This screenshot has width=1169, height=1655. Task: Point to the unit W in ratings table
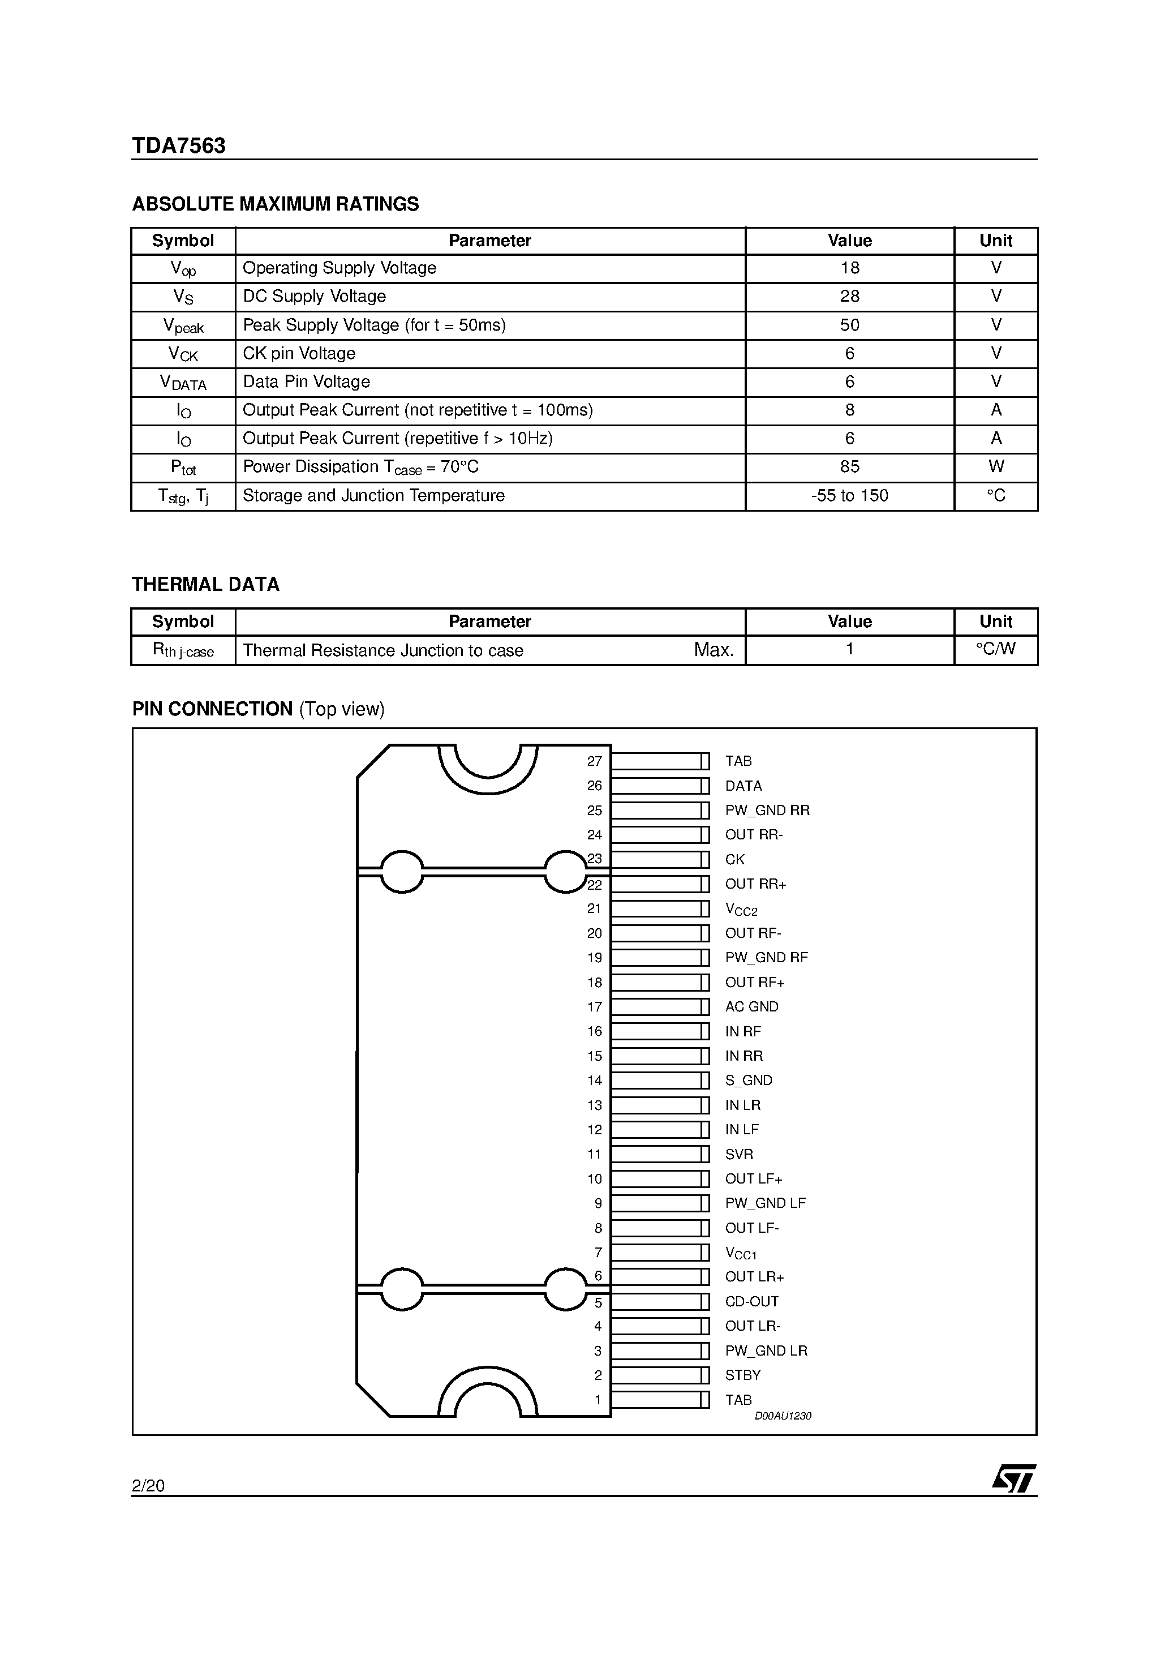995,467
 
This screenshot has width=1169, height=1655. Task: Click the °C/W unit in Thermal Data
995,649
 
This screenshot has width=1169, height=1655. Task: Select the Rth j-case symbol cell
183,650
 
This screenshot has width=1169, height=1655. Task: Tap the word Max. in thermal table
714,650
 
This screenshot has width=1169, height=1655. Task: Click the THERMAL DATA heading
205,585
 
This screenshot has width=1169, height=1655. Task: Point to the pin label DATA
743,786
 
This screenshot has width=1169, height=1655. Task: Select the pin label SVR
739,1154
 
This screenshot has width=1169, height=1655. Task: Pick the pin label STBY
742,1375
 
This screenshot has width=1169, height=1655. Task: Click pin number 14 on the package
594,1081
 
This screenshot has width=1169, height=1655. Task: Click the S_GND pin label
748,1081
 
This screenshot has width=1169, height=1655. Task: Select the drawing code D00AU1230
782,1416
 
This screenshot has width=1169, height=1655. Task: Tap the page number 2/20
148,1486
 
